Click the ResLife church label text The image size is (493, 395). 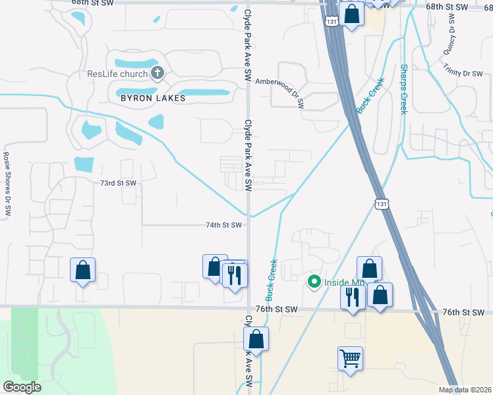[117, 74]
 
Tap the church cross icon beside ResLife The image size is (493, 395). [158, 72]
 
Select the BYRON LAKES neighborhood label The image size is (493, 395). [153, 98]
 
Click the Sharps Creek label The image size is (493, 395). [404, 89]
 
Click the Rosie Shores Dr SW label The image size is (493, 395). [8, 180]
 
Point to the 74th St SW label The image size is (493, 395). [221, 224]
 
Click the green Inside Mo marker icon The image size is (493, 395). [314, 282]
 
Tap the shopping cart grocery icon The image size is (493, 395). [350, 359]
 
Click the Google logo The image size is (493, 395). [22, 386]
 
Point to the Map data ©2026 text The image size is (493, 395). [465, 390]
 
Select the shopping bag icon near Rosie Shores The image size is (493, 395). [82, 270]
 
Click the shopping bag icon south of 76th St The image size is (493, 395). [256, 340]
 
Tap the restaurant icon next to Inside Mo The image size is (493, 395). [353, 297]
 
